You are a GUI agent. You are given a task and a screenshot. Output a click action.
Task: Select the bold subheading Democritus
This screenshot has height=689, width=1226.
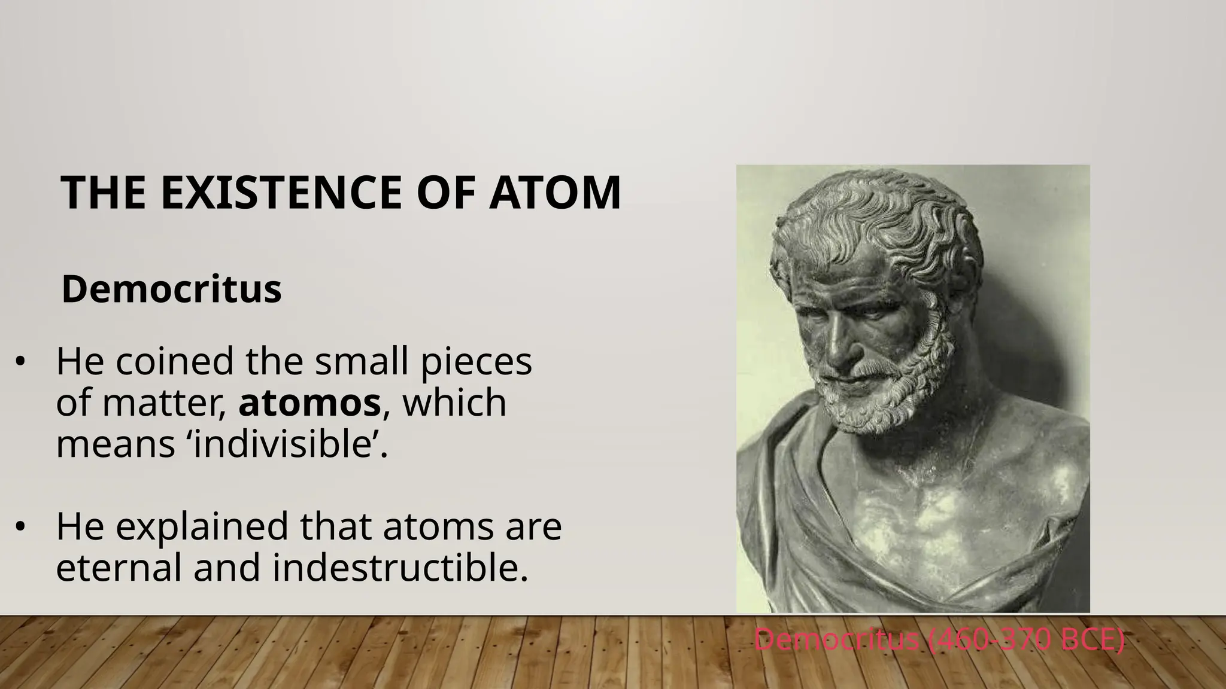[x=171, y=289]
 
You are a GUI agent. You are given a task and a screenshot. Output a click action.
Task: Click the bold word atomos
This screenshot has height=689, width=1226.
[x=309, y=403]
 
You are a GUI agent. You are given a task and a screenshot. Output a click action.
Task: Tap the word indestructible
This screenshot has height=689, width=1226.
[x=400, y=567]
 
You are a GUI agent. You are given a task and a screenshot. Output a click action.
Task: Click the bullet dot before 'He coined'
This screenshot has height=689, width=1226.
[x=20, y=363]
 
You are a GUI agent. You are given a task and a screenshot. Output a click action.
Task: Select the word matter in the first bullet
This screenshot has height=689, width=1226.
[x=165, y=403]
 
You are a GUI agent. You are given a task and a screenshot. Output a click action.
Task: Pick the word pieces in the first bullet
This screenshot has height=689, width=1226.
[x=476, y=362]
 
